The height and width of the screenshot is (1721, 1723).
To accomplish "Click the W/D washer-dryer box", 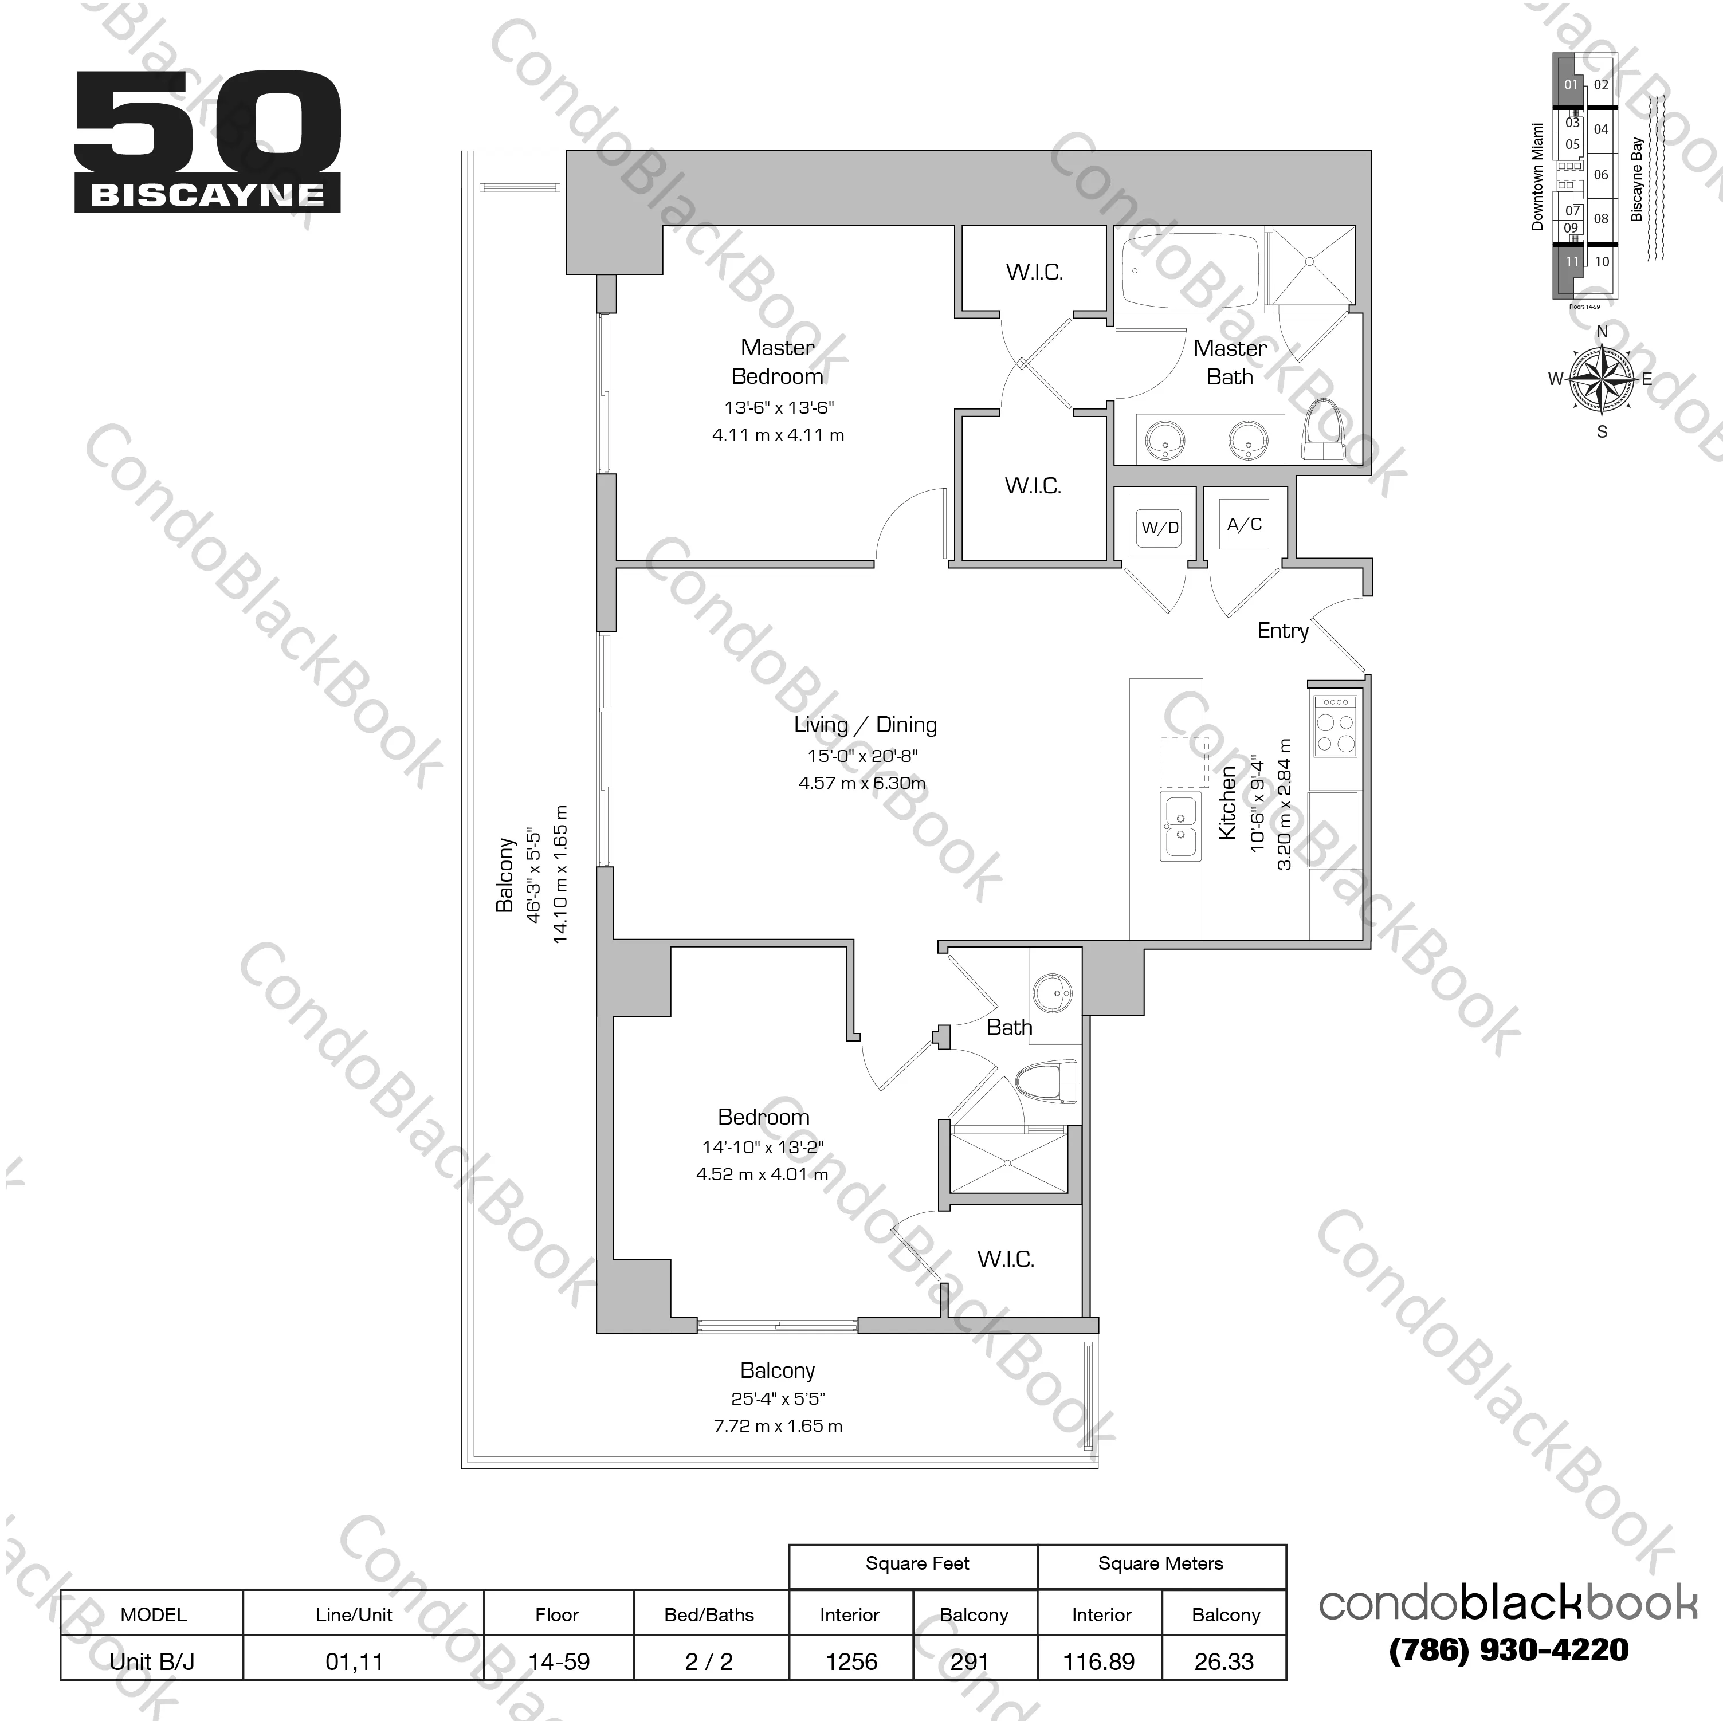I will (x=1159, y=527).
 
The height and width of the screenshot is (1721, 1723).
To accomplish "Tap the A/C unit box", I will (x=1244, y=524).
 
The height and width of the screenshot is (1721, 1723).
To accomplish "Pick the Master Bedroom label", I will (x=777, y=362).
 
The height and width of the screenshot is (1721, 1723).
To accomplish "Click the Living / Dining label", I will (x=865, y=724).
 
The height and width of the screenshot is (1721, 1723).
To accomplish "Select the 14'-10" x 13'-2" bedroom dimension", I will (x=763, y=1147).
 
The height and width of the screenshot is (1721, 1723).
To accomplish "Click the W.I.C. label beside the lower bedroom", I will (x=1005, y=1259).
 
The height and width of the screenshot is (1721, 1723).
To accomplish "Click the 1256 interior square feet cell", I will (x=851, y=1661).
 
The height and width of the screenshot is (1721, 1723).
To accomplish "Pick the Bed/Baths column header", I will (x=709, y=1615).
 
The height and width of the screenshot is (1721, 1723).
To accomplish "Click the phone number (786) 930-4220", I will (x=1508, y=1649).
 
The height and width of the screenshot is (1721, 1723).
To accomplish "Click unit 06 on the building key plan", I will (x=1601, y=175).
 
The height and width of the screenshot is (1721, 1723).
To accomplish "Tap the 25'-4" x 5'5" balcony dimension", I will (x=777, y=1398).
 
